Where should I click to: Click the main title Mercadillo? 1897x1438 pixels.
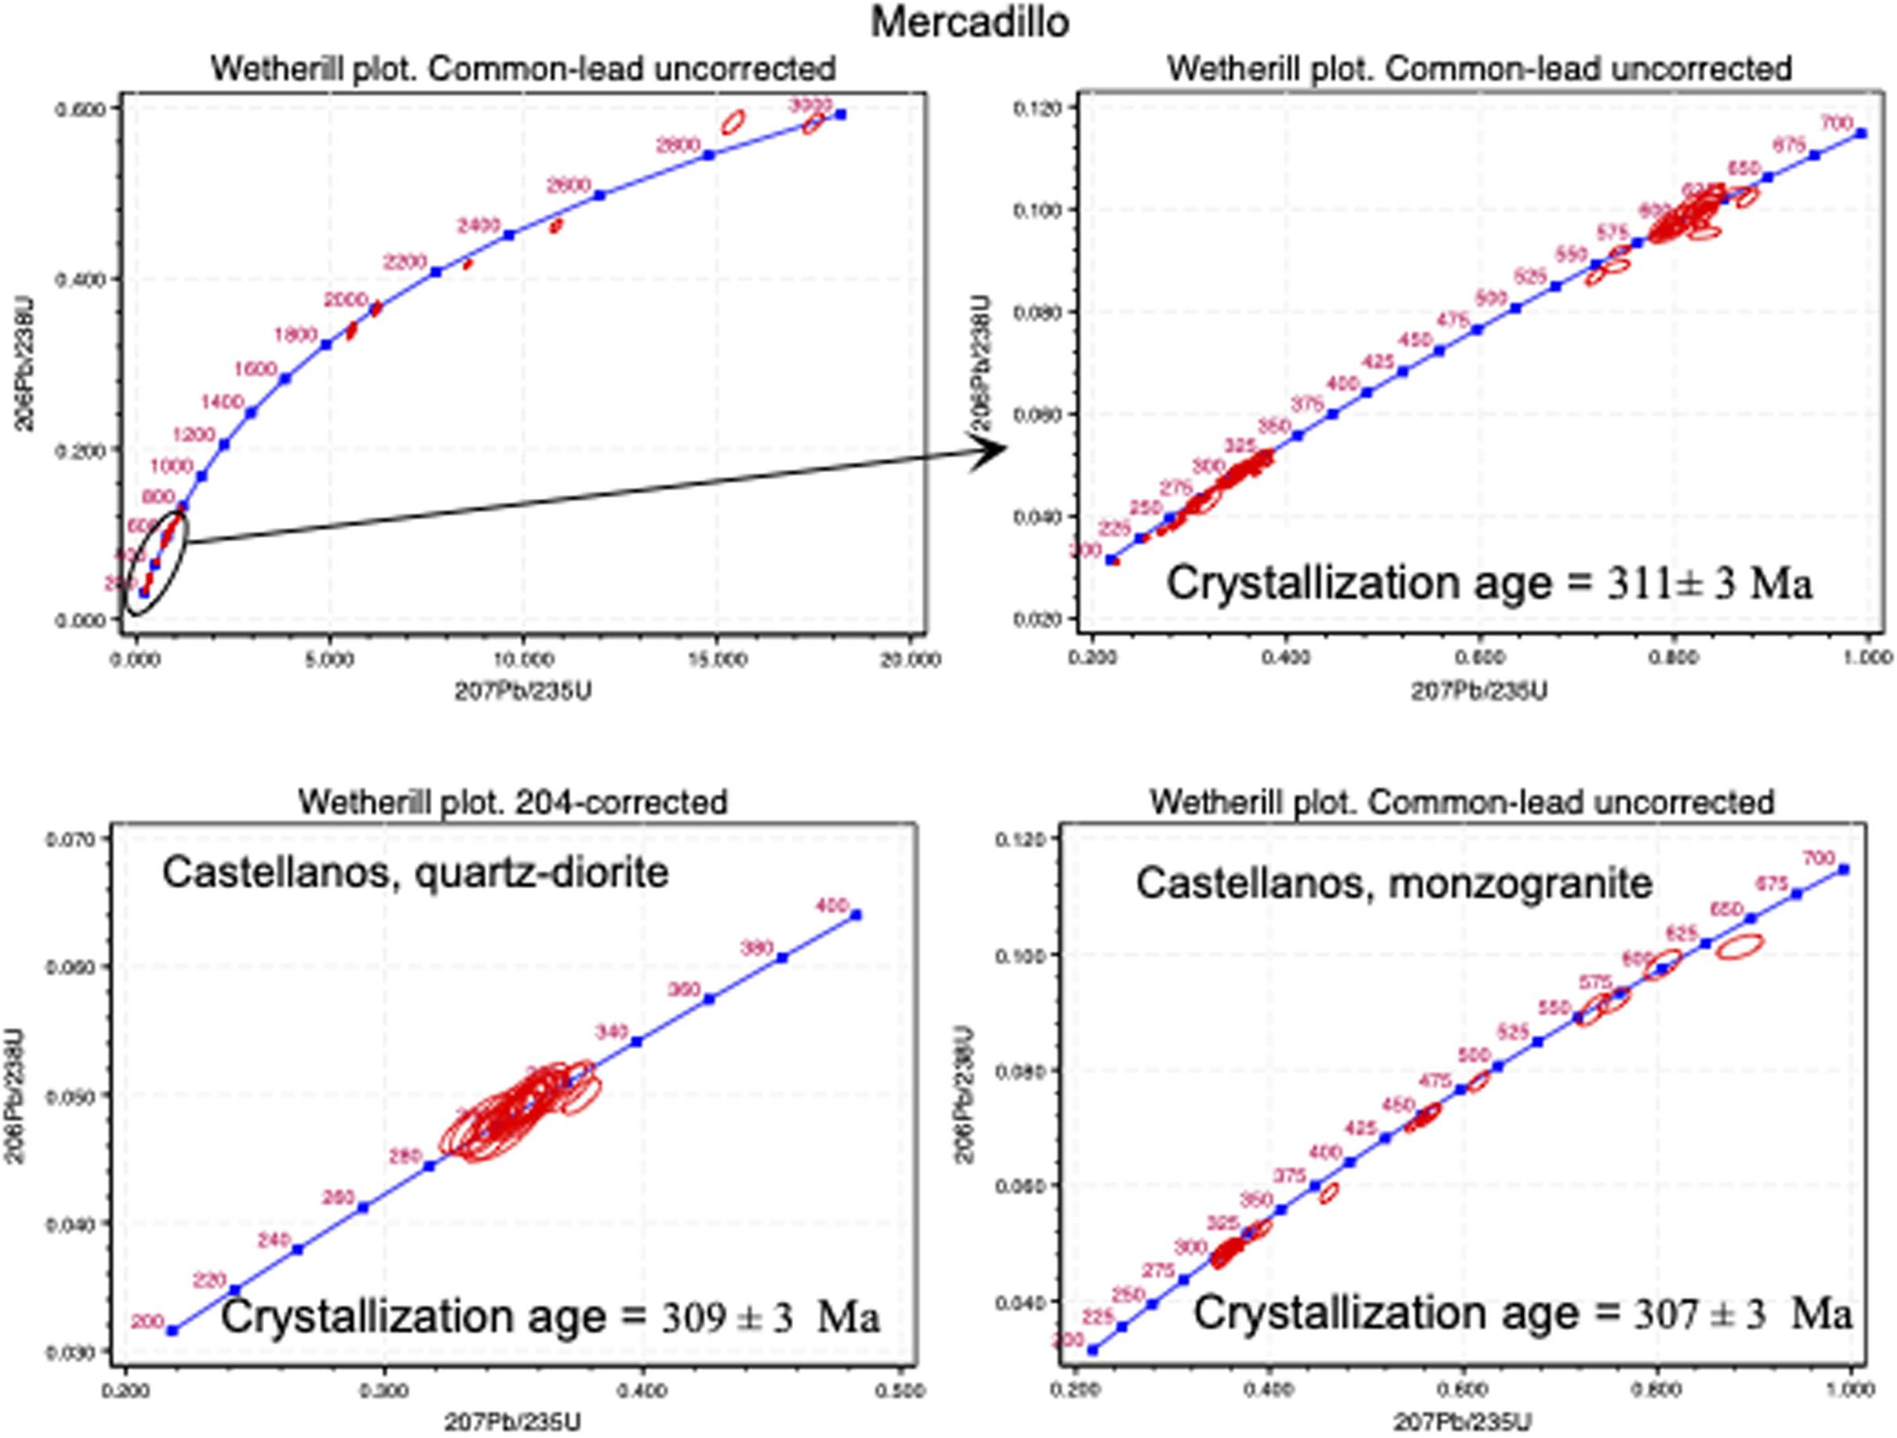click(x=970, y=21)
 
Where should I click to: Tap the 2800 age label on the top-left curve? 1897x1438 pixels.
click(x=678, y=146)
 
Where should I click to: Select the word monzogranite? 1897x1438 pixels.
click(x=1521, y=883)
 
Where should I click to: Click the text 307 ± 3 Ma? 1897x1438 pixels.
click(x=1743, y=1313)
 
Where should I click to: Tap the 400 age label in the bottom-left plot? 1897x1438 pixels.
click(x=831, y=905)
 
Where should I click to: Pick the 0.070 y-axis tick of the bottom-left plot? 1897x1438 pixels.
click(x=69, y=838)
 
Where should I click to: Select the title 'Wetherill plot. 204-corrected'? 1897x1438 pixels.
click(x=513, y=802)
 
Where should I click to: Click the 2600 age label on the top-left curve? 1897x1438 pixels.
click(x=568, y=186)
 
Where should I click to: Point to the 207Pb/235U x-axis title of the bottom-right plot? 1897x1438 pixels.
click(x=1462, y=1422)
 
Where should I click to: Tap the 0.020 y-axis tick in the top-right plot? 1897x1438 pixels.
click(x=1037, y=619)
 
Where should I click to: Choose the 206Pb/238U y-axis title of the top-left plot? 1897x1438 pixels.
click(x=26, y=365)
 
